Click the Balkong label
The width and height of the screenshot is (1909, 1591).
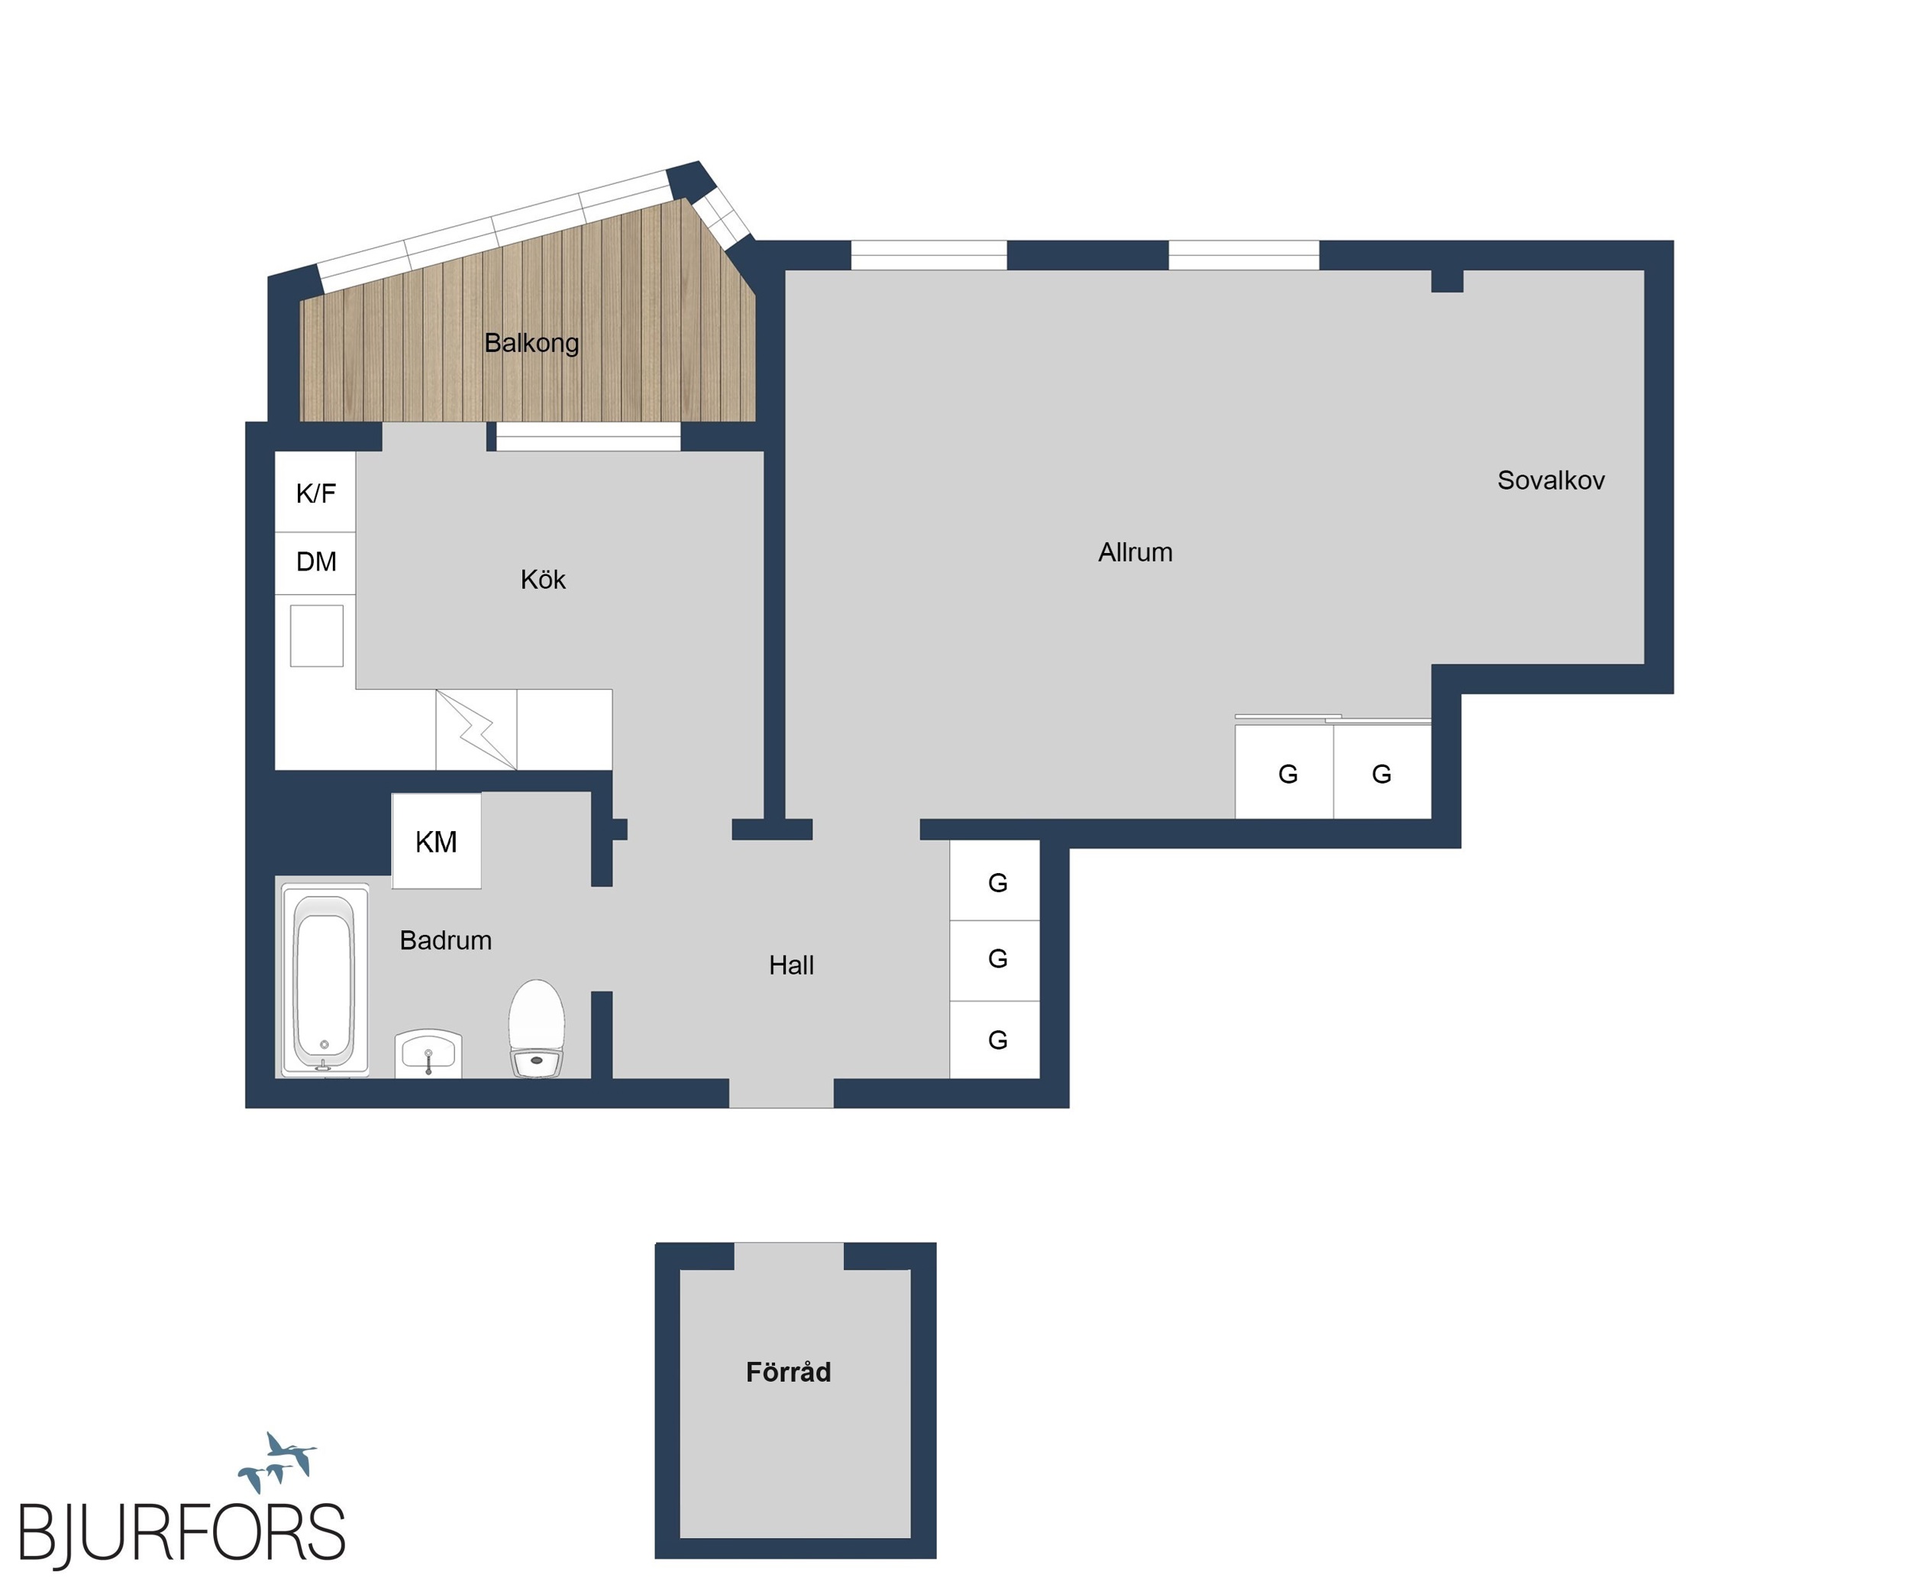531,343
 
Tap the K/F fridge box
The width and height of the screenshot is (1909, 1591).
315,492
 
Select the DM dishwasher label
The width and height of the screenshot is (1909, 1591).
316,562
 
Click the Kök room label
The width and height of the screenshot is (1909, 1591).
543,579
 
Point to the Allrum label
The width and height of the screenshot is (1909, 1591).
1135,552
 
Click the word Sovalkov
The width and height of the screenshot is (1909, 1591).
1551,480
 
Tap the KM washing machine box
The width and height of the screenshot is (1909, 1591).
436,841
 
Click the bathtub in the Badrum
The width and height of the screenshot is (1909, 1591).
325,980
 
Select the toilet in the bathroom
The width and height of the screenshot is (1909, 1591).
536,1028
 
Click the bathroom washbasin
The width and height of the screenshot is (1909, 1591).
428,1055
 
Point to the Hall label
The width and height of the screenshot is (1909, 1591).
791,965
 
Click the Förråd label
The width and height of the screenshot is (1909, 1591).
788,1372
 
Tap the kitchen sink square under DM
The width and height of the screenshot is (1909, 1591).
316,636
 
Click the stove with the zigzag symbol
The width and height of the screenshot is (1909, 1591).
476,729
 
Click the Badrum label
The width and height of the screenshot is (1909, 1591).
445,940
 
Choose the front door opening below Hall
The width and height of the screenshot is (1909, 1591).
782,1093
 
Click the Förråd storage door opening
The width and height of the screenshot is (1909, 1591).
789,1256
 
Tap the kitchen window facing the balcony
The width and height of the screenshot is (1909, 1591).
588,438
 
